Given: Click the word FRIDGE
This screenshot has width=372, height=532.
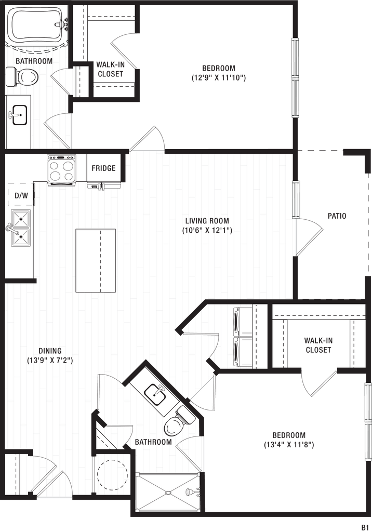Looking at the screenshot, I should pyautogui.click(x=103, y=168).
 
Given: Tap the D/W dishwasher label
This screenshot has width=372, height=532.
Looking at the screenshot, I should pyautogui.click(x=21, y=196).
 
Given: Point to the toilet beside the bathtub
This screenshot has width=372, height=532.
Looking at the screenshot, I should pyautogui.click(x=23, y=77).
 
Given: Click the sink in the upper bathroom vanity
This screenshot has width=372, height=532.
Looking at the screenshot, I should pyautogui.click(x=19, y=114).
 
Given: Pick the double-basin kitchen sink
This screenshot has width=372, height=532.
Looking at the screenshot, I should pyautogui.click(x=19, y=228).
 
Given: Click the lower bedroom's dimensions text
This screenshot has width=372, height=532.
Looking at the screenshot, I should pyautogui.click(x=289, y=445).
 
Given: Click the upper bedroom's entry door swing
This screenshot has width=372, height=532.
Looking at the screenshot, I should pyautogui.click(x=151, y=138).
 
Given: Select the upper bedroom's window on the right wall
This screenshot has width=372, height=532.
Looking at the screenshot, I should pyautogui.click(x=295, y=78).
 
